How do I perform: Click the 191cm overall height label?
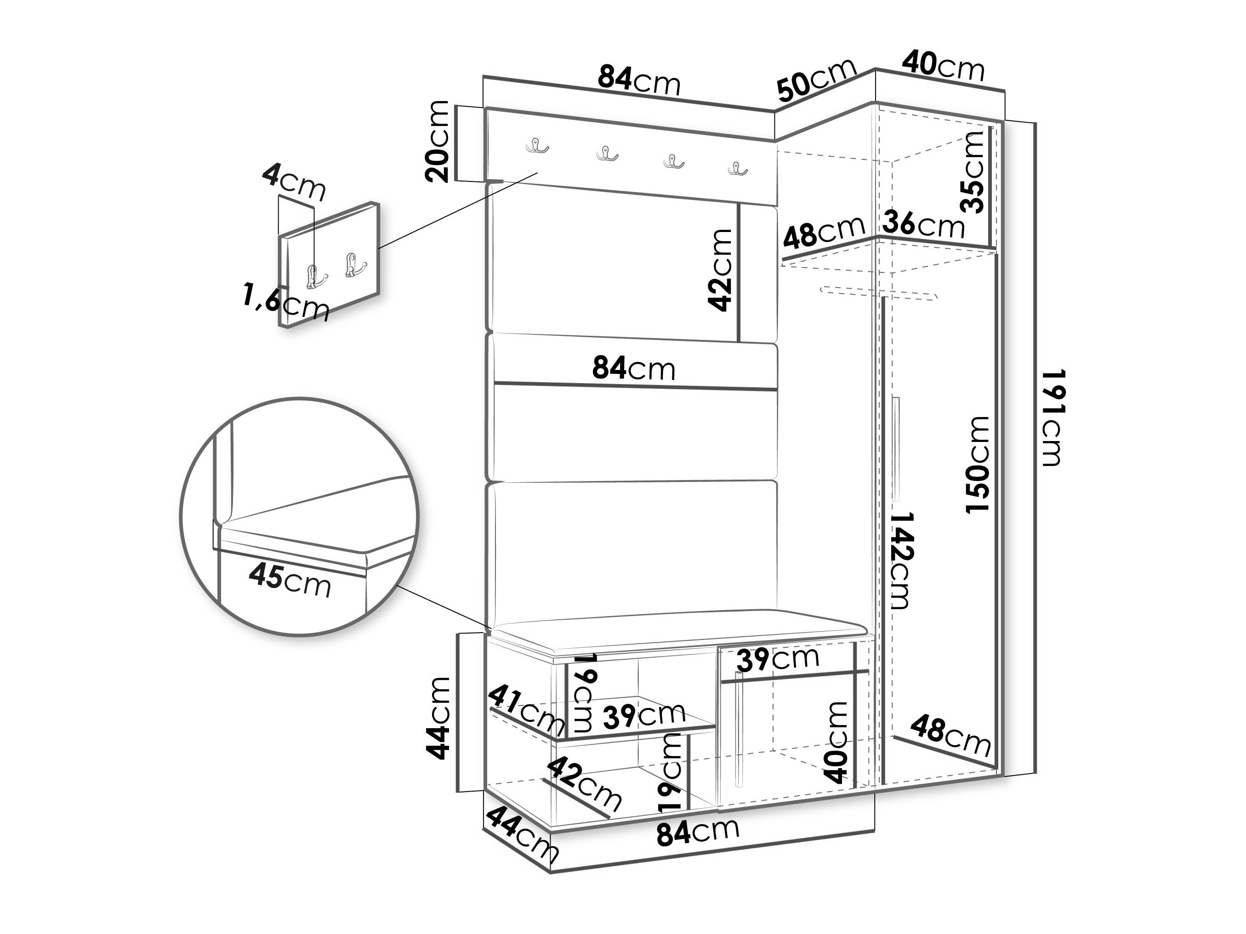pyautogui.click(x=1051, y=417)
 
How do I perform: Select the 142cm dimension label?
pyautogui.click(x=899, y=560)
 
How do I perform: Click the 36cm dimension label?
pyautogui.click(x=924, y=225)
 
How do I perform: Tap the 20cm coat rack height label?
pyautogui.click(x=437, y=142)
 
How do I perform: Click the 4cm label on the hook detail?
pyautogui.click(x=294, y=180)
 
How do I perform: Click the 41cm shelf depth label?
pyautogui.click(x=527, y=712)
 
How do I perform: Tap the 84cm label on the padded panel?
pyautogui.click(x=634, y=369)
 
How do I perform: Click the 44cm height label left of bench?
pyautogui.click(x=438, y=718)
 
